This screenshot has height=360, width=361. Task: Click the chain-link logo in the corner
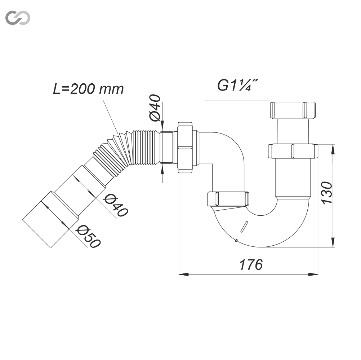[x=18, y=18]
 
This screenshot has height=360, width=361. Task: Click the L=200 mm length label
[x=88, y=89]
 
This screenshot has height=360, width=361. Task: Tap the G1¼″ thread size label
[x=237, y=85]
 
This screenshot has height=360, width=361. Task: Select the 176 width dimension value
[x=251, y=264]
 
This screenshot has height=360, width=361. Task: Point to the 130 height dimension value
[x=327, y=193]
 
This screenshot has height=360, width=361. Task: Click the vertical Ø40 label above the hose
[x=155, y=107]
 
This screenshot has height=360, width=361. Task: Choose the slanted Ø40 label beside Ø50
[x=116, y=205]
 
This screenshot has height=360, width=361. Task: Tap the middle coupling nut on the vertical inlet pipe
[x=293, y=151]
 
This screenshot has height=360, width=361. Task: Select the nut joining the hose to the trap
[x=185, y=148]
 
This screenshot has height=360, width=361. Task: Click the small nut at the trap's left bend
[x=228, y=199]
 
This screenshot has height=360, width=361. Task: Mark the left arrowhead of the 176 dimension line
[x=183, y=275]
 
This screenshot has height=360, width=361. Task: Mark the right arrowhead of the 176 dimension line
[x=313, y=275]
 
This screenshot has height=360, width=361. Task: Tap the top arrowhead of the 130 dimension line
[x=333, y=150]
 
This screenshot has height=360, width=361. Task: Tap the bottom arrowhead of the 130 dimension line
[x=333, y=242]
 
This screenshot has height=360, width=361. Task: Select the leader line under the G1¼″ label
[x=237, y=101]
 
